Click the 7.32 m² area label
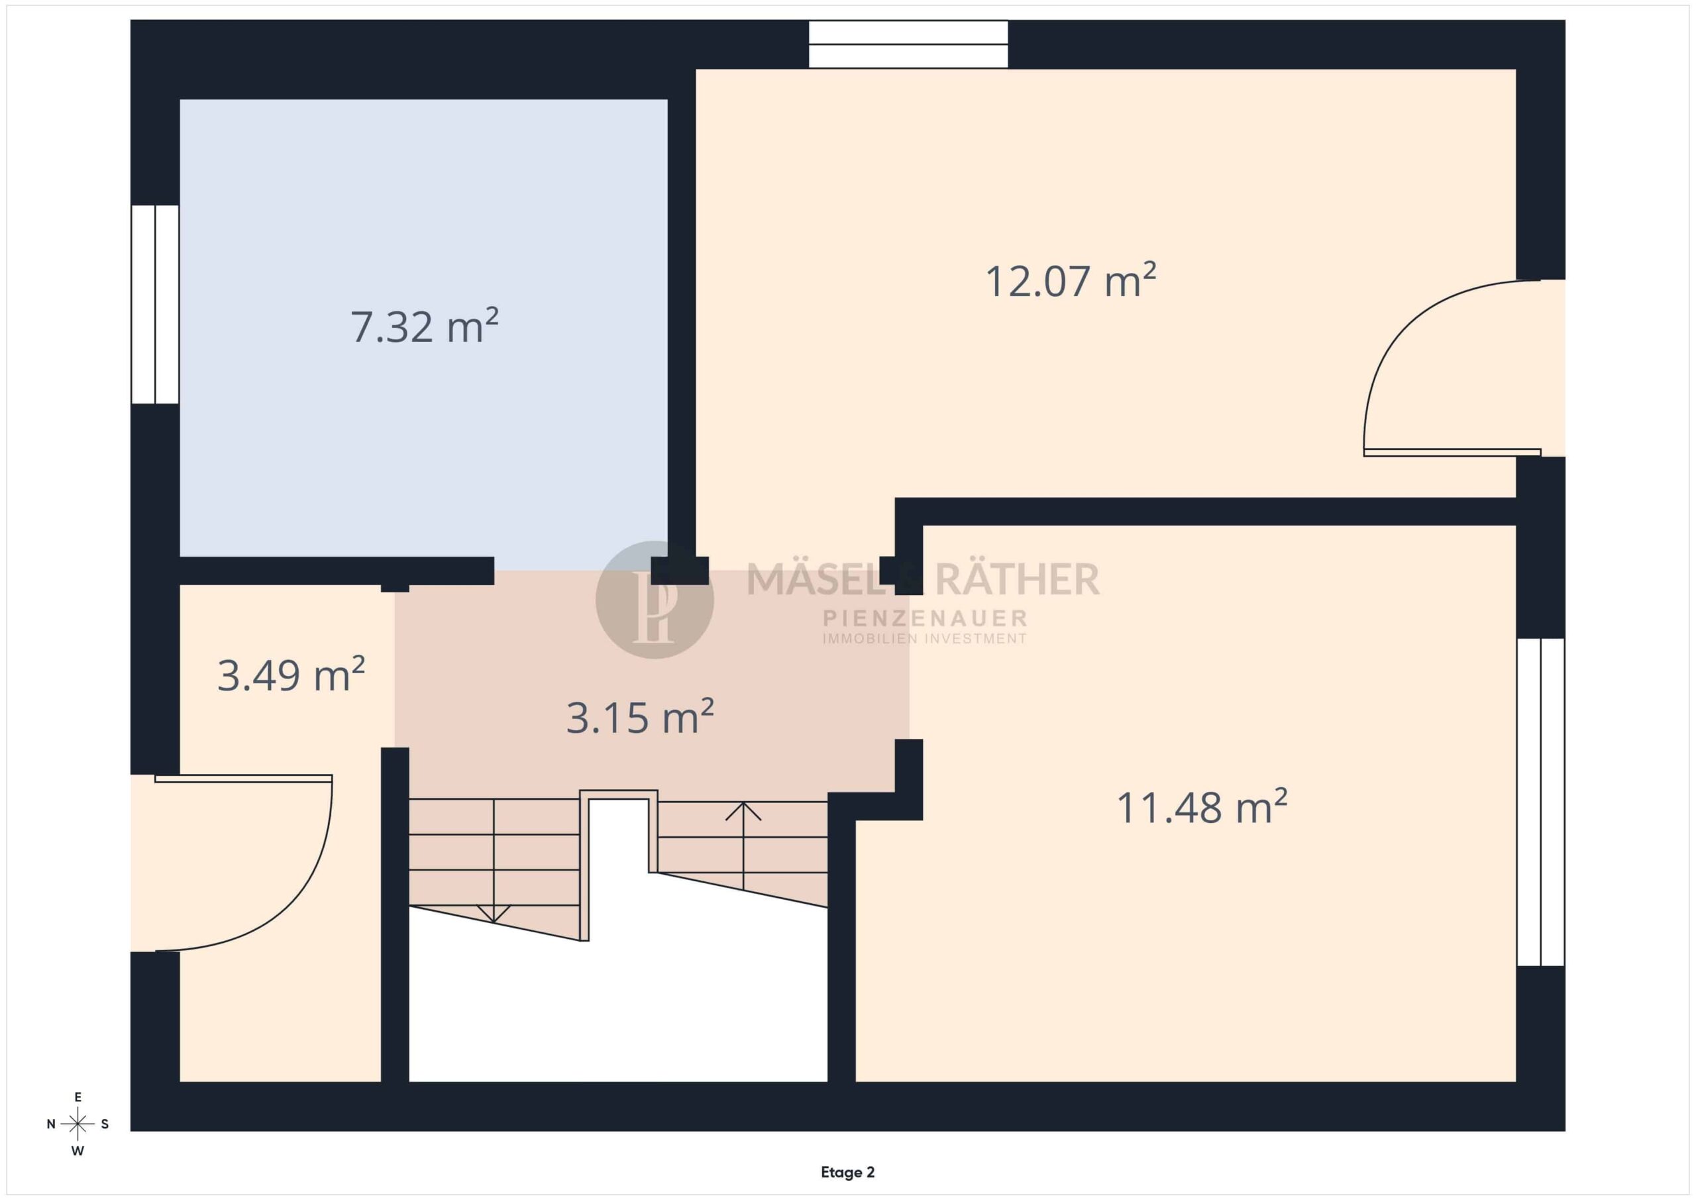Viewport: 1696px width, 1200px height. [424, 326]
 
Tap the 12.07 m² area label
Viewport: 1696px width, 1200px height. [1071, 281]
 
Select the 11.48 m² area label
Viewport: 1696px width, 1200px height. [1202, 807]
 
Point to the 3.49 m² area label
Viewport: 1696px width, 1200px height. [291, 675]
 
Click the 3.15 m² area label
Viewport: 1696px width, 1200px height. [640, 717]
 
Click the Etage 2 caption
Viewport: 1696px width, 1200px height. [847, 1173]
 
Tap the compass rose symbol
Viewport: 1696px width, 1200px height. [78, 1124]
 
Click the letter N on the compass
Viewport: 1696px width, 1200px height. [51, 1124]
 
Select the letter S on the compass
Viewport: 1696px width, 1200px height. [105, 1124]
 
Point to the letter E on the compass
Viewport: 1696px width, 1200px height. [78, 1097]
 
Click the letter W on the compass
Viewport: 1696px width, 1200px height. [78, 1151]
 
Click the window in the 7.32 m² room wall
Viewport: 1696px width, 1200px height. [155, 304]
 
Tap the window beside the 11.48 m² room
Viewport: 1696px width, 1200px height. [1541, 802]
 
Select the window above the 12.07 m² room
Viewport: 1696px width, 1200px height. [908, 44]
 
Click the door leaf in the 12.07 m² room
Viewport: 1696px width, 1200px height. [1452, 452]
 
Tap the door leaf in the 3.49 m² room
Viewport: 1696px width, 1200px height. [243, 778]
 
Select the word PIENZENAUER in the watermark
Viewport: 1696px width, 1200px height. [925, 618]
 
